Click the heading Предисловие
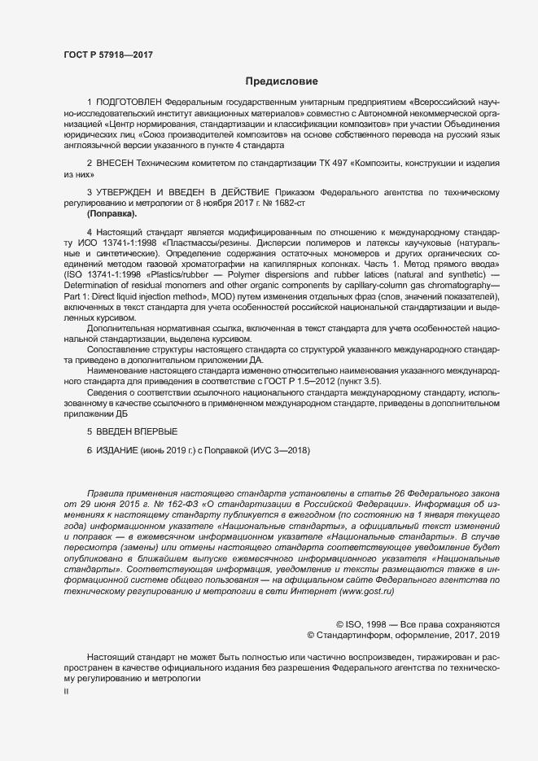[282, 81]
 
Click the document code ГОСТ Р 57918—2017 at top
[108, 55]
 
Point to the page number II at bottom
[67, 691]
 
